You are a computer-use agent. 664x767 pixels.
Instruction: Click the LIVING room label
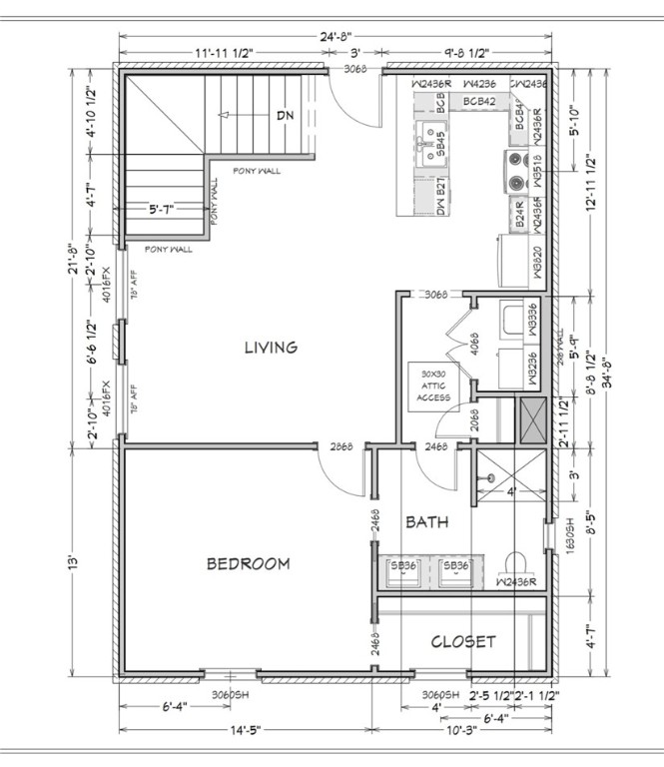[271, 348]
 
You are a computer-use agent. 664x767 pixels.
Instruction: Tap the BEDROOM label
[248, 564]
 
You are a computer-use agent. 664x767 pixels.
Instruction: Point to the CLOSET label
[462, 641]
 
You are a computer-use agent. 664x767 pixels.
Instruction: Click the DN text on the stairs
[286, 116]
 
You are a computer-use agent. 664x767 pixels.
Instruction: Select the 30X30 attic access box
[431, 386]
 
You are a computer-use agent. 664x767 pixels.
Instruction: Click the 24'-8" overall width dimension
[334, 39]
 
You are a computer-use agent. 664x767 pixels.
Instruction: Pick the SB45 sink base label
[440, 146]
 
